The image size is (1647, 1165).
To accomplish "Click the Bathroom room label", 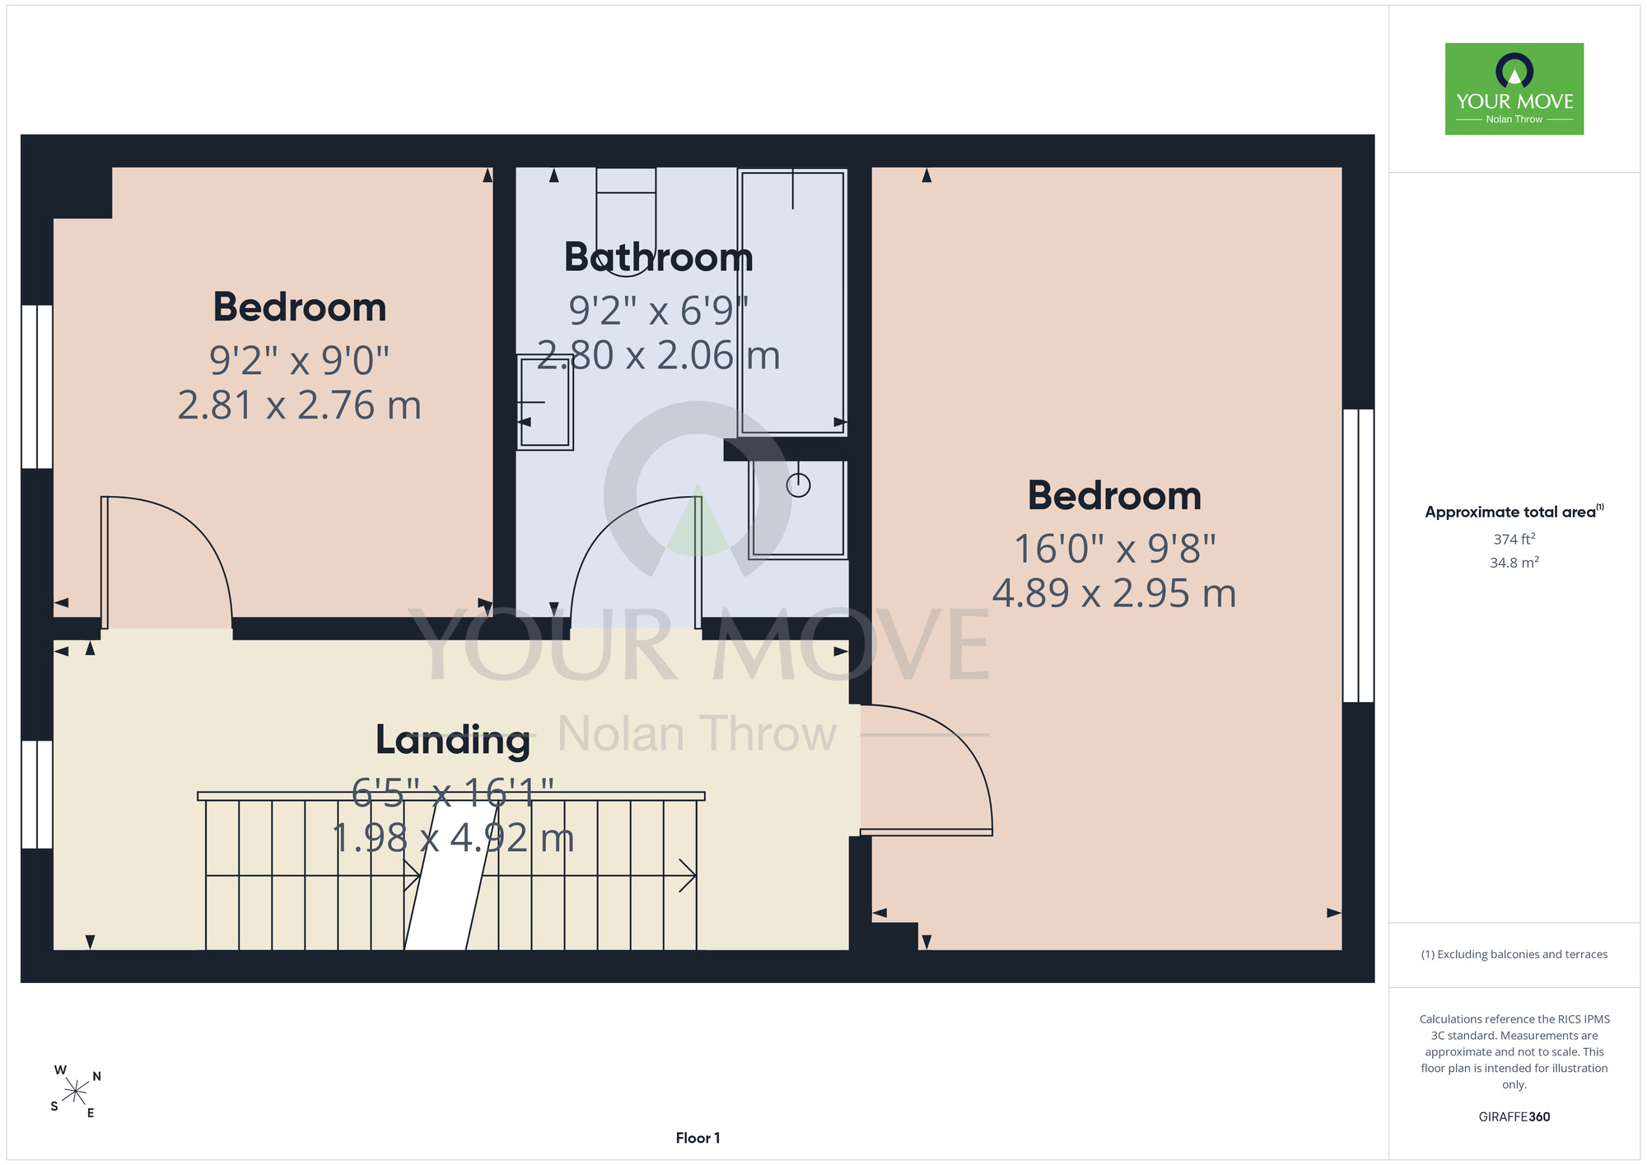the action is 659,257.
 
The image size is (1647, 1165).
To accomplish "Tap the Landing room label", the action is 453,740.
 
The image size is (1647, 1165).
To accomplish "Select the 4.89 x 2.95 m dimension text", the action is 1114,593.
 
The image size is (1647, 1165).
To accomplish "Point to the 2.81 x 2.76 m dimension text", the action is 300,405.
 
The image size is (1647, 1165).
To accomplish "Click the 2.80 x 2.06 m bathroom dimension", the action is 659,356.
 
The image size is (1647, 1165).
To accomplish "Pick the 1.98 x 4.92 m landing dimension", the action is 453,839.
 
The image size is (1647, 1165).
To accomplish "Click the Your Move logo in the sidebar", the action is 1514,89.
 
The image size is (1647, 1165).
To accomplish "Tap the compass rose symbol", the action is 76,1092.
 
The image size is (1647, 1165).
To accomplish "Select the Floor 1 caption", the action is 698,1138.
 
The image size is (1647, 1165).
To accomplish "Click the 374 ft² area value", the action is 1514,539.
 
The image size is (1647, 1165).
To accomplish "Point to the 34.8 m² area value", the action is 1514,563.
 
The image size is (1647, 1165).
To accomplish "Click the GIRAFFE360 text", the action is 1514,1117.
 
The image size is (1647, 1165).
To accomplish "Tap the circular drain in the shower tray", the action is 798,485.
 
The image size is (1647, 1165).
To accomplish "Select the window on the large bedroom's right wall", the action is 1359,555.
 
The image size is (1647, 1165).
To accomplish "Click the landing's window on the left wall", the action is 37,794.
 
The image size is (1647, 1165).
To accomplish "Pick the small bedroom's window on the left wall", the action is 37,386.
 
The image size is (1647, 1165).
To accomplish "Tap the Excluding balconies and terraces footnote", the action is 1514,954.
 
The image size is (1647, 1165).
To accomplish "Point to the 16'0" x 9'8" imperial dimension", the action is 1114,549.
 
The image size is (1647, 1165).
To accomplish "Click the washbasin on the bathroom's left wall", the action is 544,402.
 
